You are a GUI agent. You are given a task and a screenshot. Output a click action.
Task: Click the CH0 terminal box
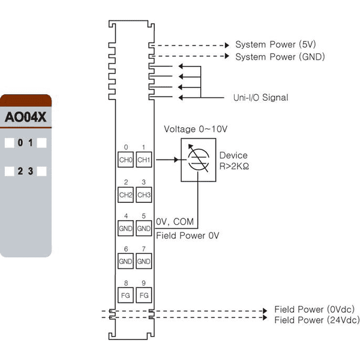click(x=125, y=160)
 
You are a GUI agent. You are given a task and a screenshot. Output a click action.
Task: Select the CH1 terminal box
click(x=144, y=160)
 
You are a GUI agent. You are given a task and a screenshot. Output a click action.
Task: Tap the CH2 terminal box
click(x=125, y=194)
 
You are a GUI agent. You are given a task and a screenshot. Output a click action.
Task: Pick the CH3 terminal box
click(x=144, y=194)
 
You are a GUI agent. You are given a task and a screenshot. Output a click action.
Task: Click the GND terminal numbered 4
click(x=125, y=228)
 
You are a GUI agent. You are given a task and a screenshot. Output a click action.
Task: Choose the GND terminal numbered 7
click(x=144, y=261)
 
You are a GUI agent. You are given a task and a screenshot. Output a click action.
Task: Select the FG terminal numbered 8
click(x=125, y=295)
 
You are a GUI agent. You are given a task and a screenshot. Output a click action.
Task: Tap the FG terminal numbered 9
click(x=144, y=295)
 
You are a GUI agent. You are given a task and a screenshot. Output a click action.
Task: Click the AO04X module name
click(x=25, y=117)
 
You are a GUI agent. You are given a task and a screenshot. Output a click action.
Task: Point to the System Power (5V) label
click(x=275, y=44)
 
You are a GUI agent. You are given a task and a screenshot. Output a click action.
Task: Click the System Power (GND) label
click(x=280, y=57)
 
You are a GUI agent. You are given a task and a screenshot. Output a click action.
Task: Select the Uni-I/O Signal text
click(x=260, y=98)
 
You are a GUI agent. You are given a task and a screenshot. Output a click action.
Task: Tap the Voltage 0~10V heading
click(x=196, y=129)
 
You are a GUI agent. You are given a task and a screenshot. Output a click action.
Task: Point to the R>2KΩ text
click(x=234, y=166)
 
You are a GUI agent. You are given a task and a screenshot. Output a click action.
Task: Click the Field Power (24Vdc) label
click(x=317, y=320)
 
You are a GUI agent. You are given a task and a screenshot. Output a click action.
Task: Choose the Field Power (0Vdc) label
click(x=314, y=309)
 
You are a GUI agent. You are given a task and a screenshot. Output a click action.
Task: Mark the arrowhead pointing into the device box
click(x=176, y=160)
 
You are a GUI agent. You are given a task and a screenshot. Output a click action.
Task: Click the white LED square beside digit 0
click(x=10, y=143)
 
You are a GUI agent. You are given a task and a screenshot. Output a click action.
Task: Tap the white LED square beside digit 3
click(x=42, y=171)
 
